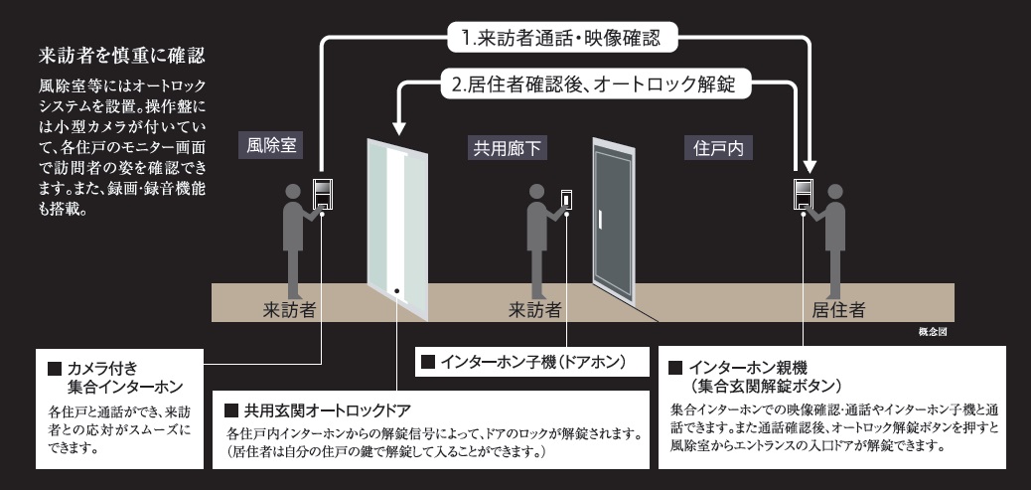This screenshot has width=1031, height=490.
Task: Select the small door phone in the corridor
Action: (x=568, y=199)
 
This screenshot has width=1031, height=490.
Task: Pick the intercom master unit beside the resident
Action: (x=803, y=193)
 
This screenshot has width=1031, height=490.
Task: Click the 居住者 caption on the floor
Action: (x=835, y=309)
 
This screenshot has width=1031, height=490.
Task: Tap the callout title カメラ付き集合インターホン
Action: (x=115, y=378)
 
